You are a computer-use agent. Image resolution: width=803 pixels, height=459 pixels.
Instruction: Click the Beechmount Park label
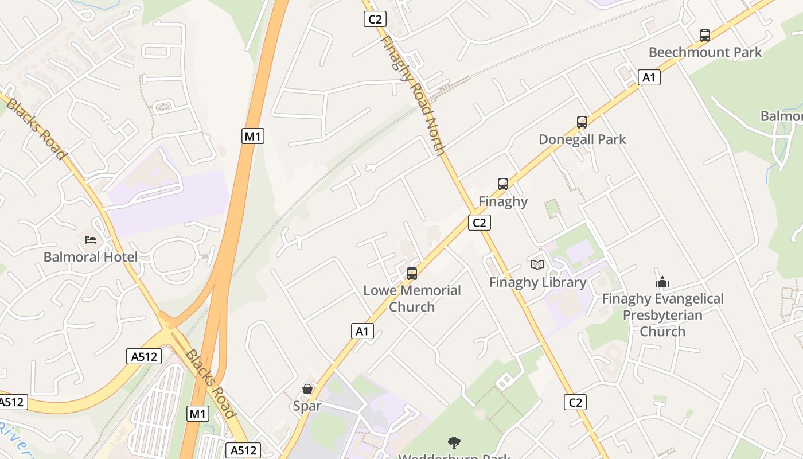(x=705, y=53)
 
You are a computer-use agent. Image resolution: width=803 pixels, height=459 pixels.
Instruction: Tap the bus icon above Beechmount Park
(x=705, y=36)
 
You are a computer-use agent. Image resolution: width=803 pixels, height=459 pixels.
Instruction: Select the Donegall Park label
(x=582, y=139)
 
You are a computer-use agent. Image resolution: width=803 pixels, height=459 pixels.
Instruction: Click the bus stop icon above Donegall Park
(x=582, y=122)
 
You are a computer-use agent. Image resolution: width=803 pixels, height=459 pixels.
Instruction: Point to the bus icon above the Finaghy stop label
(x=503, y=184)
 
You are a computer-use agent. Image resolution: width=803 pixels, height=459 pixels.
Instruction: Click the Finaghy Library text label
(x=537, y=282)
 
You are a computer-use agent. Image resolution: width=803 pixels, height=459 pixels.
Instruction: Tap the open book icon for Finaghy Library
(x=537, y=264)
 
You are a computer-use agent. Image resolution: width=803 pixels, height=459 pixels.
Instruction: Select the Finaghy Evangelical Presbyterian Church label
(x=662, y=315)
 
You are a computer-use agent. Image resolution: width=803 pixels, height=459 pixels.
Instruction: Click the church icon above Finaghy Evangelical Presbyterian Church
(x=662, y=282)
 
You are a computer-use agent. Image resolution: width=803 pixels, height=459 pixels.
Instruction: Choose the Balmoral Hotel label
(x=91, y=256)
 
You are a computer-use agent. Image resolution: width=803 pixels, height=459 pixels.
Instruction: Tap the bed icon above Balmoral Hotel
(x=91, y=239)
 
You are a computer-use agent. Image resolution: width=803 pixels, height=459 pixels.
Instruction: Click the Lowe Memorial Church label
(x=412, y=298)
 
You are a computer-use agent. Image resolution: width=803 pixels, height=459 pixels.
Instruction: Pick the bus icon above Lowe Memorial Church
(x=412, y=274)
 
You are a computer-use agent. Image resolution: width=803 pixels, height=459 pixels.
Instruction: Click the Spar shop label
(x=307, y=406)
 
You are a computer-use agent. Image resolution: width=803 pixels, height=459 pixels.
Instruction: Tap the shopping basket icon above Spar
(x=307, y=389)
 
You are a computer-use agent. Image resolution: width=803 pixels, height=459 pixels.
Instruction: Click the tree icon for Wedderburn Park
(x=454, y=443)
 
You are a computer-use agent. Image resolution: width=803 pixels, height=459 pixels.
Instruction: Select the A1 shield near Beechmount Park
(x=649, y=77)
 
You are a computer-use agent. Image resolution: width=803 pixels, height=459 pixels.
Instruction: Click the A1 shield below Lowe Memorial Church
(x=362, y=331)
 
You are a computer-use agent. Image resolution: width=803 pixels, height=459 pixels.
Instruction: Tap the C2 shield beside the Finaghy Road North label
(x=375, y=20)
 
